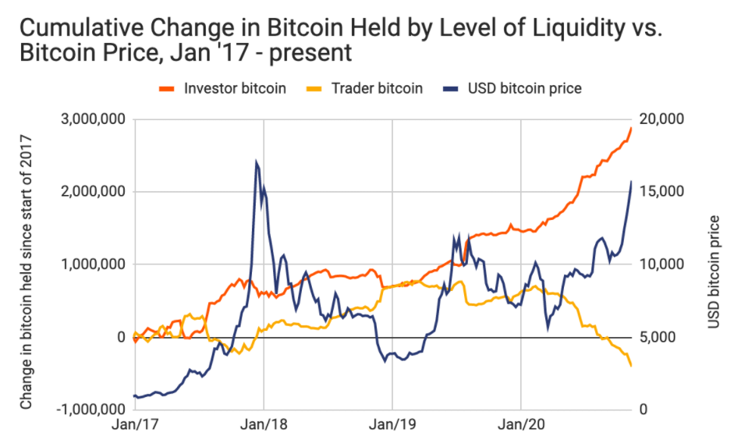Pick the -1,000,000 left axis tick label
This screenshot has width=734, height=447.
pos(92,410)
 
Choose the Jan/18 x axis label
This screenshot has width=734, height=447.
pos(264,427)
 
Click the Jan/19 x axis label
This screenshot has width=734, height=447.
pos(392,427)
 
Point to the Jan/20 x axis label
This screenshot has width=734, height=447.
pos(520,427)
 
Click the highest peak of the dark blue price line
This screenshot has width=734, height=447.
pos(256,162)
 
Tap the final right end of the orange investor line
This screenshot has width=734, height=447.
pos(631,127)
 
